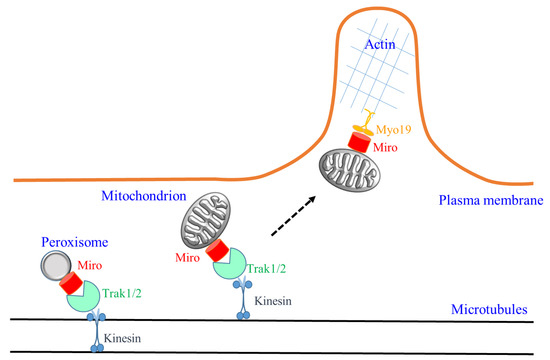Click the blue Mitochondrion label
click(x=146, y=186)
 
